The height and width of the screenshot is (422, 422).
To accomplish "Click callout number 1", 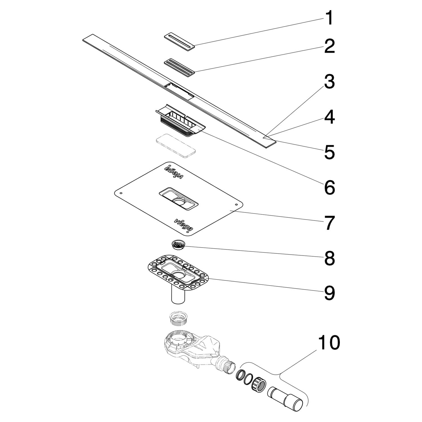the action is [329, 18].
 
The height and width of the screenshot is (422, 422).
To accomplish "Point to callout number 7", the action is [329, 223].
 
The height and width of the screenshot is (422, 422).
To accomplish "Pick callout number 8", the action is [329, 258].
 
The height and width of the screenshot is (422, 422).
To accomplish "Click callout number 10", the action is [329, 342].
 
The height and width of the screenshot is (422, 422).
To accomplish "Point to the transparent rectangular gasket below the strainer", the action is [176, 146].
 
